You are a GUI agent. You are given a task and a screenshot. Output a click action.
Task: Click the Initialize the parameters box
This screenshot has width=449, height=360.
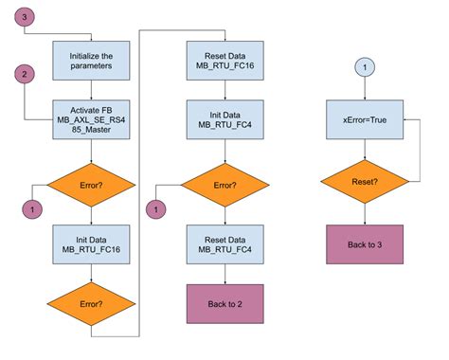(91, 61)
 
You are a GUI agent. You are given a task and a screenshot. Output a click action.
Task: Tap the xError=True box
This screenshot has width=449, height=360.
(365, 120)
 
